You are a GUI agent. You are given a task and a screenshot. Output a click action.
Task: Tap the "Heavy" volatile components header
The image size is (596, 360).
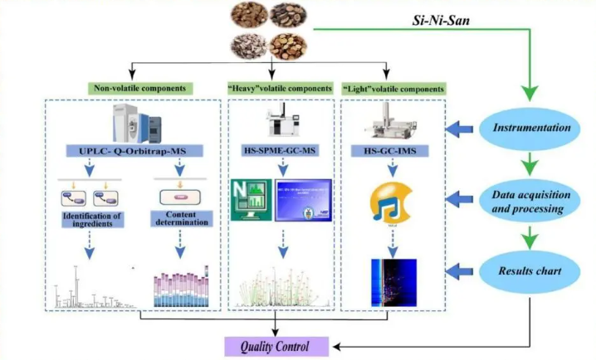coord(281,88)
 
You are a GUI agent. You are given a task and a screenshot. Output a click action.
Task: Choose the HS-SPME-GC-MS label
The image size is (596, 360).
coord(280,150)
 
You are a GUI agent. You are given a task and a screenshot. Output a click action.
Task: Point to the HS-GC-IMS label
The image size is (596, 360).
coord(393,150)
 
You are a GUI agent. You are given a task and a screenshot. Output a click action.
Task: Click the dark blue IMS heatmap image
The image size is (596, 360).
coord(393,280)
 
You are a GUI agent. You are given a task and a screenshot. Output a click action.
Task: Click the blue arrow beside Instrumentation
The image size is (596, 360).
coord(461,129)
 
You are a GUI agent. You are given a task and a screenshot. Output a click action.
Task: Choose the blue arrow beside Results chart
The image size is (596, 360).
coord(461,270)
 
